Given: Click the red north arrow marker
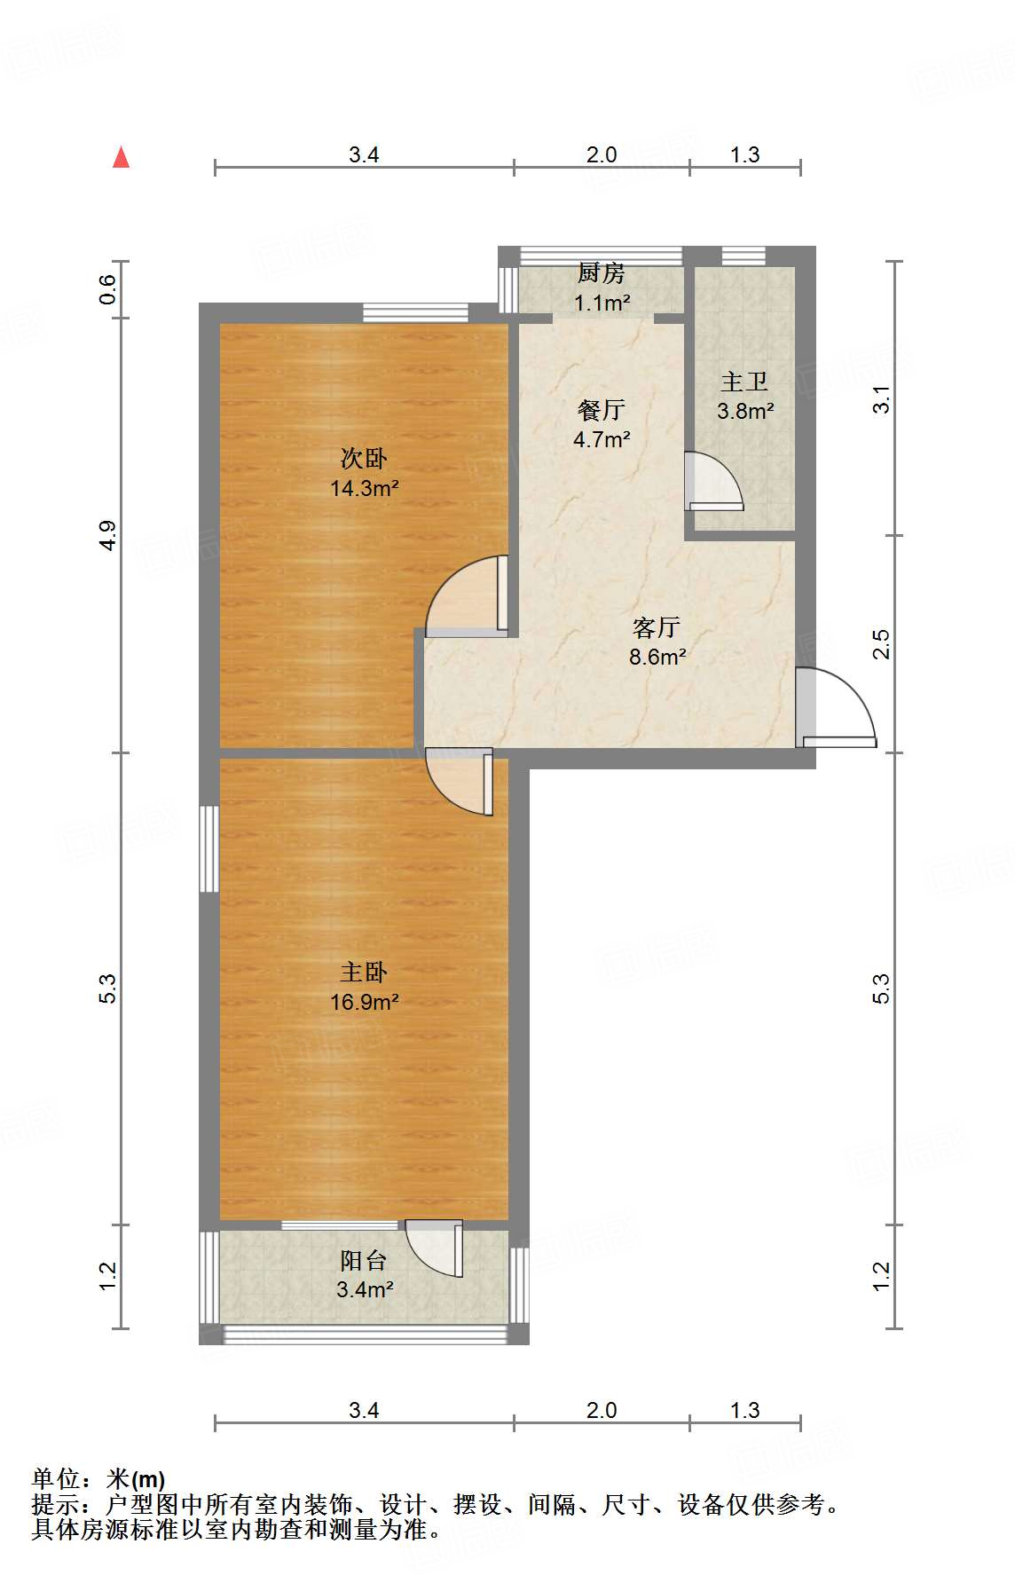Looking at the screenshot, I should click(x=122, y=158).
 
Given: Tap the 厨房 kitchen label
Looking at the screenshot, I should click(x=602, y=287).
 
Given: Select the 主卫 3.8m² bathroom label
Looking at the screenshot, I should click(x=744, y=396).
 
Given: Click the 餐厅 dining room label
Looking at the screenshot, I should click(x=602, y=423).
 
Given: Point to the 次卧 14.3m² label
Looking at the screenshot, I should click(x=364, y=473).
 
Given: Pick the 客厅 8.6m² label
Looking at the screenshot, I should click(x=657, y=642).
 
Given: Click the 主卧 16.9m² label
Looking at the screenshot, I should click(x=364, y=987).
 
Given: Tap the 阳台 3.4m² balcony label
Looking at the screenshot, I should click(x=364, y=1274).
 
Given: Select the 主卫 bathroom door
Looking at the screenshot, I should click(x=713, y=482).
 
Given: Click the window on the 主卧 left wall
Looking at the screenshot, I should click(x=209, y=848).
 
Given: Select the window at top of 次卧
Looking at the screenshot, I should click(x=415, y=312).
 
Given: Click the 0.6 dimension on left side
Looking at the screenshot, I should click(x=107, y=289).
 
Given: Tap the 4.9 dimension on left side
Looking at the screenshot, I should click(x=107, y=535).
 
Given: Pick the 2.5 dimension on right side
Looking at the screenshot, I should click(x=881, y=644).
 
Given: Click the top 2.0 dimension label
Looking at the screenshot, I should click(x=601, y=155).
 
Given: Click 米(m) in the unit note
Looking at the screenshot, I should click(x=136, y=1479).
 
